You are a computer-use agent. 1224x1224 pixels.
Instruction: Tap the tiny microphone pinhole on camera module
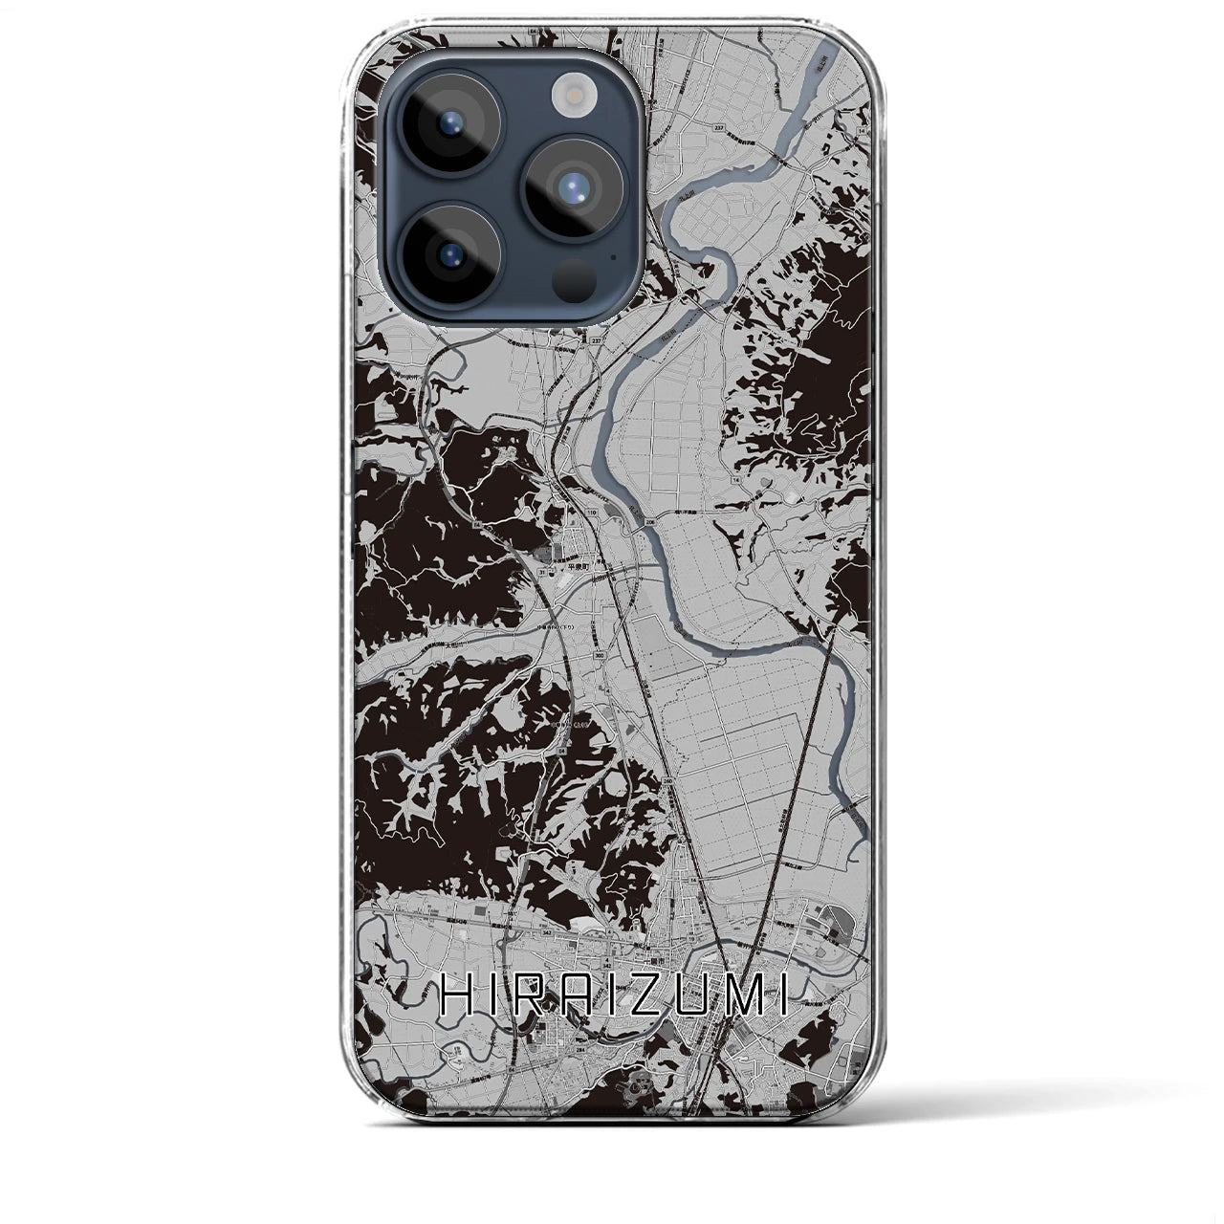pos(613,256)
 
